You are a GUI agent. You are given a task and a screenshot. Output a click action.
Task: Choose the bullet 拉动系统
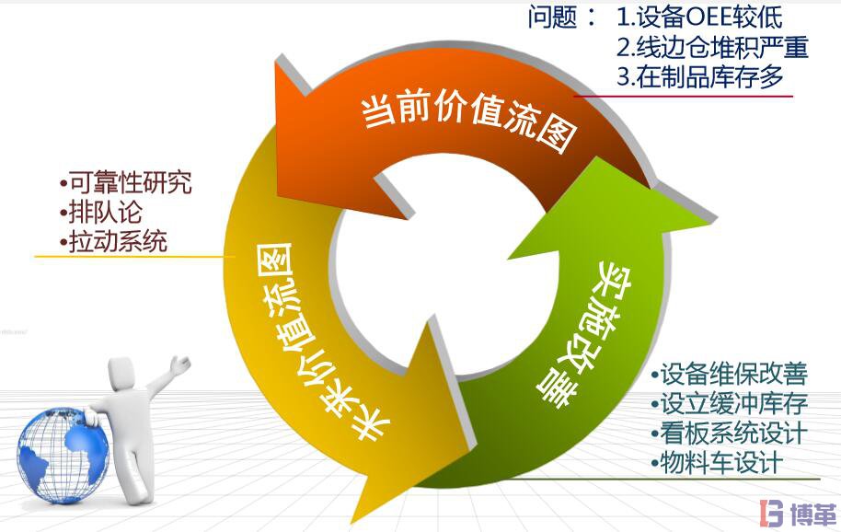click(114, 241)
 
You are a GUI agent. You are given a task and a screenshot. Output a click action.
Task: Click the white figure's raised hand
click(181, 360)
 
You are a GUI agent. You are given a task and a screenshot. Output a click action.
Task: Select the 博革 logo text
click(808, 513)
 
